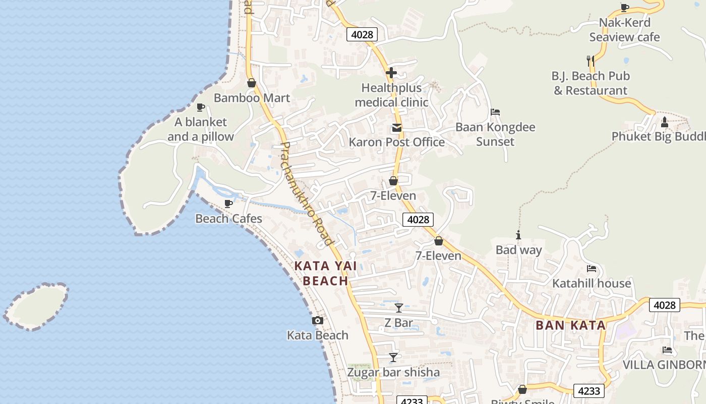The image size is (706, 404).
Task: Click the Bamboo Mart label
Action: [x=252, y=98]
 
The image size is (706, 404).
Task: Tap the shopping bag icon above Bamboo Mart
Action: [x=252, y=83]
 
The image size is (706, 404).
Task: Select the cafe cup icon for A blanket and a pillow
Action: [x=200, y=107]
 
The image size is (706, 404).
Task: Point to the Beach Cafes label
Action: [x=228, y=219]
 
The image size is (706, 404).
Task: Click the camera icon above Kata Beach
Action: [x=317, y=320]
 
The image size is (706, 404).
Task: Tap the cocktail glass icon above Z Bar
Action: [x=398, y=308]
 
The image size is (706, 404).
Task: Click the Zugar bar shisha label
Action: [x=393, y=373]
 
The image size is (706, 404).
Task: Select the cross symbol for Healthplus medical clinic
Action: [x=391, y=73]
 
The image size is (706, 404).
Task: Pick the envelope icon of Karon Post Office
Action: [x=397, y=128]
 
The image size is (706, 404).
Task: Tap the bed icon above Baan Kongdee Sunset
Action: [x=495, y=112]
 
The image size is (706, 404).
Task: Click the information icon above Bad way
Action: [x=518, y=235]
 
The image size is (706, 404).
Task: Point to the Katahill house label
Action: [x=592, y=283]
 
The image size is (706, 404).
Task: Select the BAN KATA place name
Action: [x=570, y=325]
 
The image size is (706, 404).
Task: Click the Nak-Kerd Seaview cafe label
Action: [x=624, y=30]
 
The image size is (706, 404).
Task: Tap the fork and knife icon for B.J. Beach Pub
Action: [x=590, y=61]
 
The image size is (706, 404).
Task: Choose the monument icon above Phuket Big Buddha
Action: [x=664, y=122]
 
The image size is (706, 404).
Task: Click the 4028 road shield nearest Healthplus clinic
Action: [x=362, y=34]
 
